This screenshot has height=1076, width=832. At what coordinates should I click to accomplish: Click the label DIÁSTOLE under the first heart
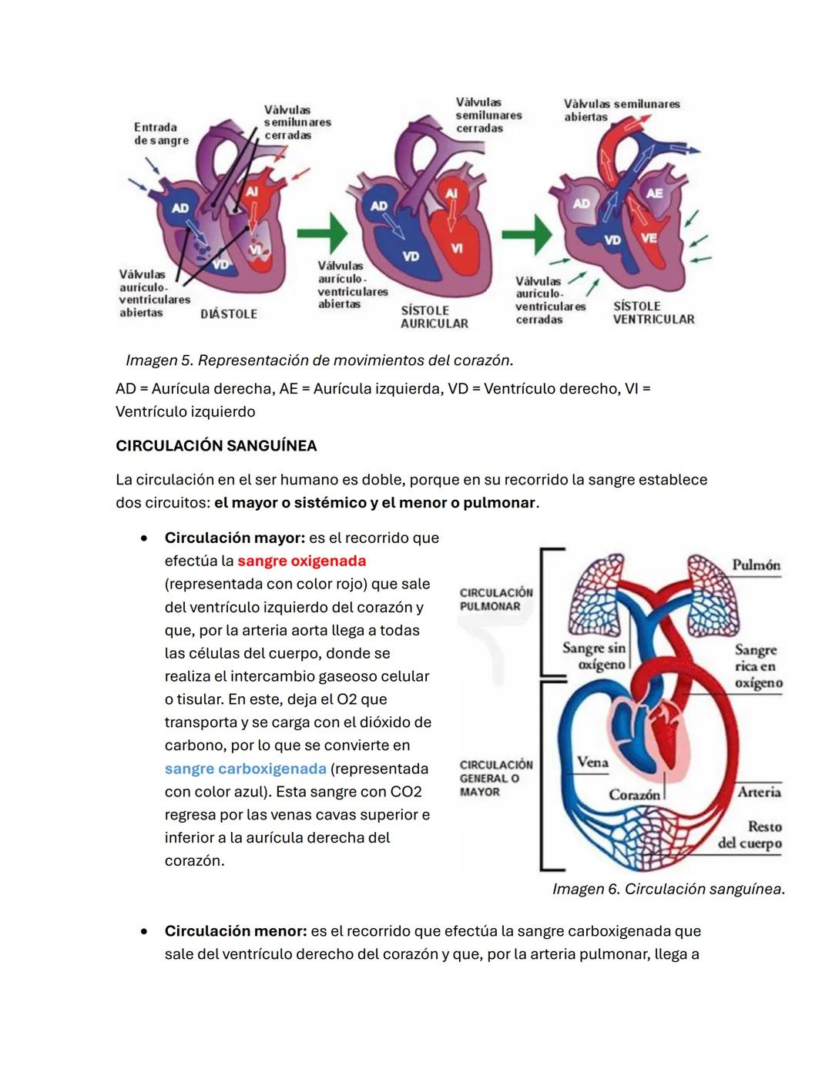pos(229,314)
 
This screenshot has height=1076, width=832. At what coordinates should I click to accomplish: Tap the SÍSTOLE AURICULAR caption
pos(434,317)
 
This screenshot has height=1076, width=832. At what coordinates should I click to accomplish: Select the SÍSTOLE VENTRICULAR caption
pos(653,313)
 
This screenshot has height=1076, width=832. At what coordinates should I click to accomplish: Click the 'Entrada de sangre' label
pos(160,134)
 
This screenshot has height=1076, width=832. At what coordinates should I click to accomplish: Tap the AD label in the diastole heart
pos(179,208)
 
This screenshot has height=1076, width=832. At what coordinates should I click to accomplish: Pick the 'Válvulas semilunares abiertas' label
pos(621,110)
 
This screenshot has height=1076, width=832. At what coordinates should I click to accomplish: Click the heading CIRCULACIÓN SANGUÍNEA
pos(216,446)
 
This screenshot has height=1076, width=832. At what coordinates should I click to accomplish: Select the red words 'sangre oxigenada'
pos(301,561)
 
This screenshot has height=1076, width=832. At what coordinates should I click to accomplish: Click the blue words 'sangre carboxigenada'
pos(245,769)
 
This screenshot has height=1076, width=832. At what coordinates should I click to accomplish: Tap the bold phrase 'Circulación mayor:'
pos(234,538)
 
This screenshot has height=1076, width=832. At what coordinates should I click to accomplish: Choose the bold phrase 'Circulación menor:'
pos(235,931)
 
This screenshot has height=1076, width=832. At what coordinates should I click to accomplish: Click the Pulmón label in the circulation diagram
pos(756,565)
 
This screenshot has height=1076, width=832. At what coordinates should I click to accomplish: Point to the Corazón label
pos(634,794)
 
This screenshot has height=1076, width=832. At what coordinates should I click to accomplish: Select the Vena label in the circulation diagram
pos(592,763)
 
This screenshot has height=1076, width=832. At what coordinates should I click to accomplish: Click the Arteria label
pos(759,792)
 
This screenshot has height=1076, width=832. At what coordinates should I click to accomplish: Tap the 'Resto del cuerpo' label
pos(750,835)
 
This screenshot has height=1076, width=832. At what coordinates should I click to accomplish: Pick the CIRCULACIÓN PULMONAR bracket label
pos(496,599)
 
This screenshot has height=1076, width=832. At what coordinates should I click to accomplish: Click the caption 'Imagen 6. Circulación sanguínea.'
pos(668,890)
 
